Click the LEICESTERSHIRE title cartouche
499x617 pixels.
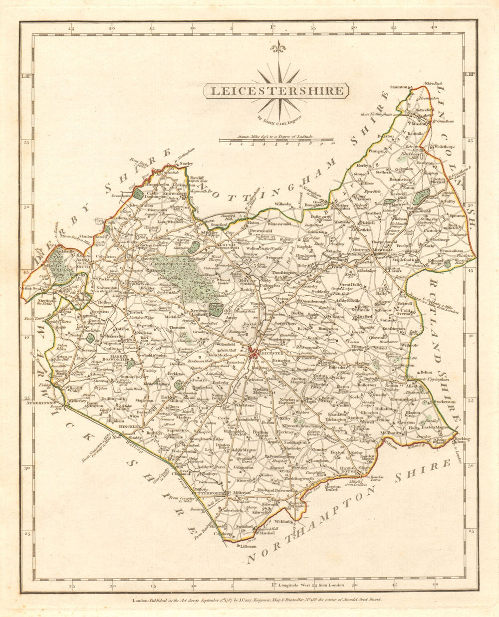click(x=276, y=91)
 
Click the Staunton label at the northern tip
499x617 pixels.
click(x=399, y=87)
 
